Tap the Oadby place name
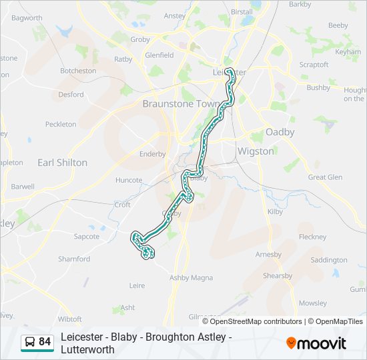[280, 132]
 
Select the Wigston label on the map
[256, 151]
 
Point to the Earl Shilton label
[62, 163]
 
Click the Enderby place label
[152, 154]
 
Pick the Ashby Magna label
[192, 277]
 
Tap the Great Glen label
[325, 177]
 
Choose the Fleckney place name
[312, 237]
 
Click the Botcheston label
[78, 71]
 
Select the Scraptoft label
[314, 65]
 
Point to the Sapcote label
[87, 236]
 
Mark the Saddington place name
[329, 260]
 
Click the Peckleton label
[61, 124]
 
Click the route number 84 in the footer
[45, 342]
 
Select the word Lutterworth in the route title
[85, 349]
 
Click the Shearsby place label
[278, 276]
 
